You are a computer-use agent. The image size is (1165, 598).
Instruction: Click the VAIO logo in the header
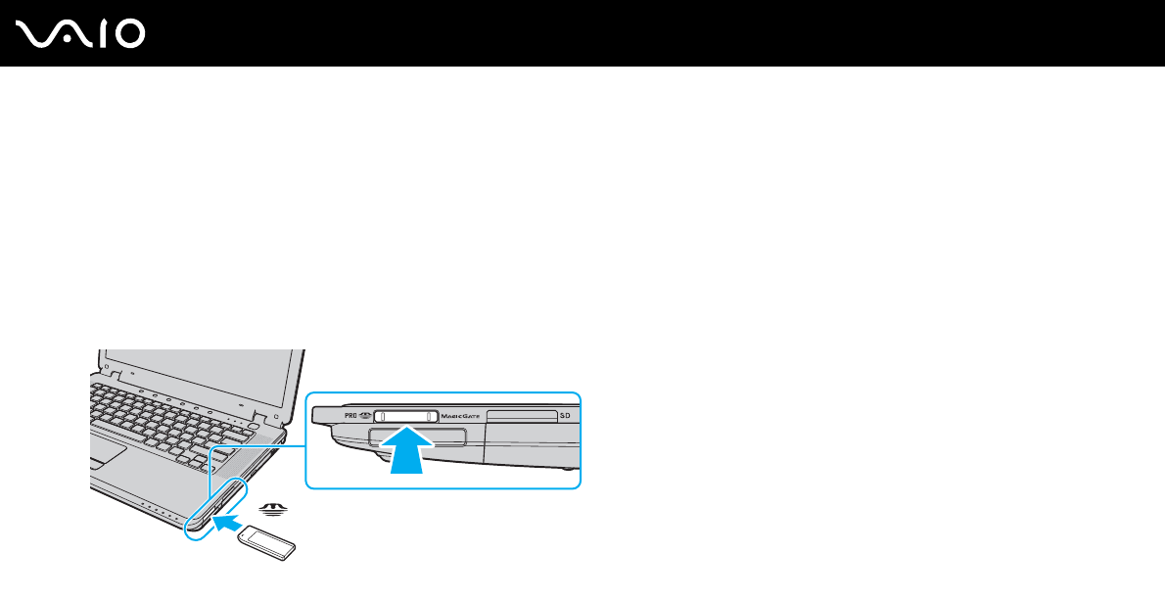[x=81, y=34]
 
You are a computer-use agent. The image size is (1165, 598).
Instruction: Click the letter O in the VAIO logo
[x=128, y=34]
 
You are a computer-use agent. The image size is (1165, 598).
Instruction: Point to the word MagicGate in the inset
[x=460, y=416]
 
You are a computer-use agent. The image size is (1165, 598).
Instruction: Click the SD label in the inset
[x=565, y=416]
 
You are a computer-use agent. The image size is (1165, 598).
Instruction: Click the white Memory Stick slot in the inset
[x=406, y=416]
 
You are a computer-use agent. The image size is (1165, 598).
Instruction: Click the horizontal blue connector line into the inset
[x=258, y=442]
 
